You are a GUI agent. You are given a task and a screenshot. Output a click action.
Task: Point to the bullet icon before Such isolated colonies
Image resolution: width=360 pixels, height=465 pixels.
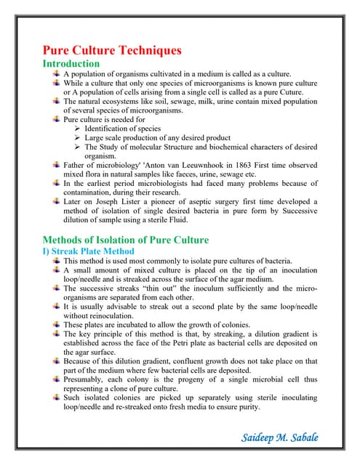click(57, 397)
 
